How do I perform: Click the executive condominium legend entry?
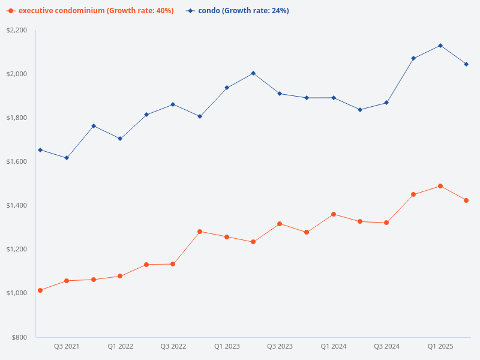pyautogui.click(x=90, y=11)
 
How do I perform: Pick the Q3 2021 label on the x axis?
pyautogui.click(x=67, y=347)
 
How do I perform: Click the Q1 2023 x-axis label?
pyautogui.click(x=227, y=347)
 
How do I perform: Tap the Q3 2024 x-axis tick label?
pyautogui.click(x=386, y=347)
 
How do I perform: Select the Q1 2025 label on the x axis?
pyautogui.click(x=440, y=347)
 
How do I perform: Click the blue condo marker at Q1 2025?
pyautogui.click(x=440, y=46)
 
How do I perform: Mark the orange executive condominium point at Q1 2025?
pyautogui.click(x=440, y=186)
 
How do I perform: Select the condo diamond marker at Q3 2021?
pyautogui.click(x=67, y=158)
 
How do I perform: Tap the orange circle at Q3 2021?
pyautogui.click(x=67, y=281)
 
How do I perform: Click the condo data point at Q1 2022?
pyautogui.click(x=120, y=139)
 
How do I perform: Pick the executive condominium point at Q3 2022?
pyautogui.click(x=173, y=264)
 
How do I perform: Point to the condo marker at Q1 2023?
pyautogui.click(x=227, y=88)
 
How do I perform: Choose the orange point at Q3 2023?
pyautogui.click(x=280, y=224)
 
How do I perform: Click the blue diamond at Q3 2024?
pyautogui.click(x=386, y=103)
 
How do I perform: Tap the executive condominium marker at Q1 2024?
pyautogui.click(x=334, y=214)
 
